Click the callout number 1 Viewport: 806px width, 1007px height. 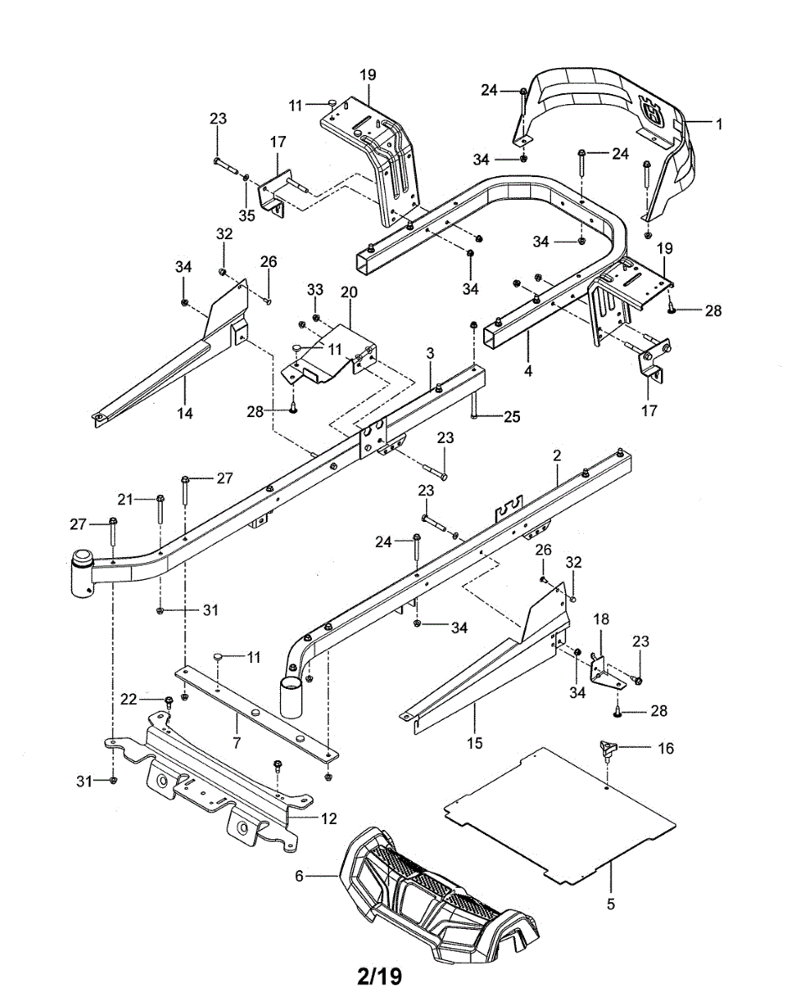coord(719,123)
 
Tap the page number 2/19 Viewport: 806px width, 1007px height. coord(379,977)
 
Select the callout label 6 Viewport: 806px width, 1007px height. coord(299,876)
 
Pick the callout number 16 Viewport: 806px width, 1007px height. coord(665,748)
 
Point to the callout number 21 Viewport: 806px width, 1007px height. coord(125,499)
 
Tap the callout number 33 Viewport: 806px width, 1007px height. coord(315,290)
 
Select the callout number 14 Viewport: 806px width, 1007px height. coord(185,413)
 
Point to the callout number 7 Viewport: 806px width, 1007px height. coord(237,743)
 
